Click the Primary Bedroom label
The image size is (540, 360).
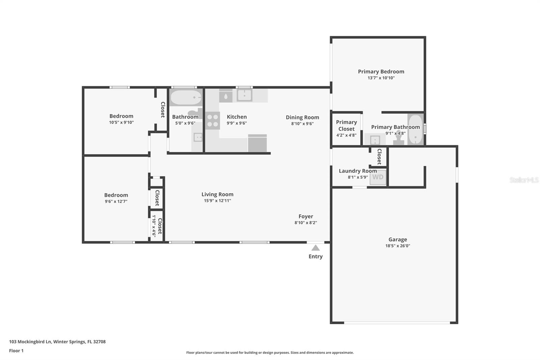tap(381, 72)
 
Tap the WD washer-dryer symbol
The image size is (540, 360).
tap(378, 177)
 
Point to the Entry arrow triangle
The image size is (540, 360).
tap(316, 248)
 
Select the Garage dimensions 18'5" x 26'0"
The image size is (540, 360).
tap(398, 246)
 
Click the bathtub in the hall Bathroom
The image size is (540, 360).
tap(186, 98)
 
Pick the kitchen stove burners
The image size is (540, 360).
tap(213, 121)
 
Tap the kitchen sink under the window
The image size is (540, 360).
tap(244, 95)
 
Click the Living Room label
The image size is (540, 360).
tap(217, 194)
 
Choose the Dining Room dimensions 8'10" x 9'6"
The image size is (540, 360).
tap(302, 124)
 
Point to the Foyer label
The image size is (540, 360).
tap(306, 216)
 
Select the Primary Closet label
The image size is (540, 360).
tap(346, 125)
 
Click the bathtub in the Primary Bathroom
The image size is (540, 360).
tap(415, 130)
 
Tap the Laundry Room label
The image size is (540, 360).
tap(358, 171)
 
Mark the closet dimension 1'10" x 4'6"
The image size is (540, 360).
tap(154, 226)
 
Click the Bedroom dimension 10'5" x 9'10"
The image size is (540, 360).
tap(121, 122)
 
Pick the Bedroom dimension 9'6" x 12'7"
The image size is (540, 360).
tap(116, 201)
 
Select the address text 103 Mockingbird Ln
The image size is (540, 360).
tap(30, 341)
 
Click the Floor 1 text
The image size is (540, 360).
tap(16, 351)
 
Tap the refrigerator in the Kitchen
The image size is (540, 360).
tap(258, 144)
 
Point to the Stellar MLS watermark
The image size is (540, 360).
tap(524, 180)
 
